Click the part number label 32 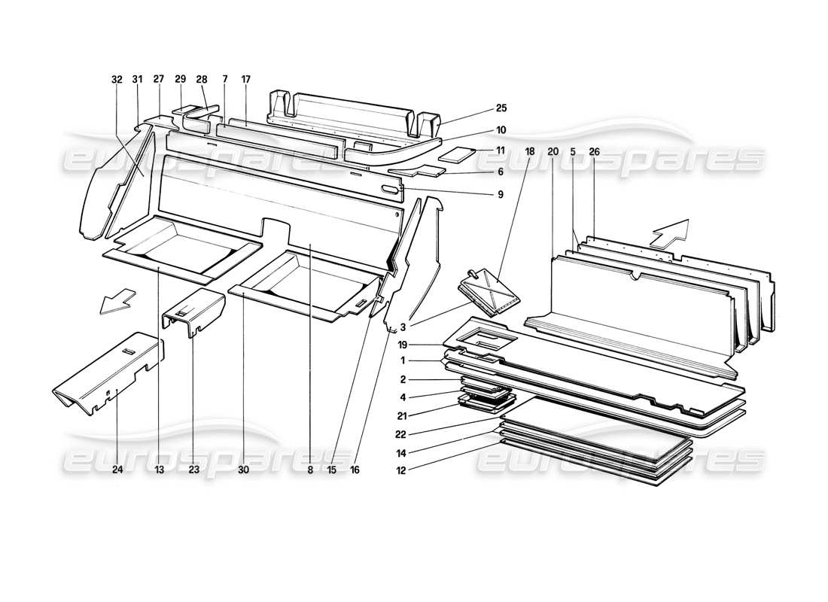coord(116,79)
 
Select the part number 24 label coord(117,470)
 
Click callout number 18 coord(530,151)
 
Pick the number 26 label coord(595,151)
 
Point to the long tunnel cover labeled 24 coord(109,373)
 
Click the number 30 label coord(242,470)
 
